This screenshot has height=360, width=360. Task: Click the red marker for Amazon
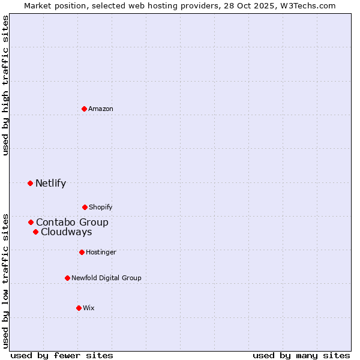pyautogui.click(x=84, y=109)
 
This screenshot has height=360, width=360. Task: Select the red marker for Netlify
pyautogui.click(x=30, y=183)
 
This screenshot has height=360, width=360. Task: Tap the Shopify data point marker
pyautogui.click(x=85, y=207)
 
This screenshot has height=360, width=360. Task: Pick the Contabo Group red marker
pyautogui.click(x=31, y=222)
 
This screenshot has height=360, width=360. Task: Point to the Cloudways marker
pyautogui.click(x=35, y=232)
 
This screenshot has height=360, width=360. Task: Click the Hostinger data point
pyautogui.click(x=82, y=252)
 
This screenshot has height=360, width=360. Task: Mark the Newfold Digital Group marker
pyautogui.click(x=67, y=278)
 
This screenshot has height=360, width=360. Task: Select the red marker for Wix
pyautogui.click(x=79, y=308)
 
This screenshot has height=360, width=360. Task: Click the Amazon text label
pyautogui.click(x=101, y=109)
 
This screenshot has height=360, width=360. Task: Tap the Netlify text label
pyautogui.click(x=50, y=183)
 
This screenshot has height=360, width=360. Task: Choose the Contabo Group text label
pyautogui.click(x=72, y=222)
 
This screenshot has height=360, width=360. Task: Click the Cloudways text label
pyautogui.click(x=66, y=232)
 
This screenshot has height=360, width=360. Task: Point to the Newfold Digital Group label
pyautogui.click(x=106, y=278)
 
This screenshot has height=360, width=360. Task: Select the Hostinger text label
pyautogui.click(x=101, y=252)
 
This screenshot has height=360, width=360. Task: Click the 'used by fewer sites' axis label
pyautogui.click(x=62, y=355)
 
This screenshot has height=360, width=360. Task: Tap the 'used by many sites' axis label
pyautogui.click(x=301, y=355)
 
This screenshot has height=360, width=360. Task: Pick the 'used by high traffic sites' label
pyautogui.click(x=5, y=85)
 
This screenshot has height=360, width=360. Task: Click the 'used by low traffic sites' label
pyautogui.click(x=5, y=280)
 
